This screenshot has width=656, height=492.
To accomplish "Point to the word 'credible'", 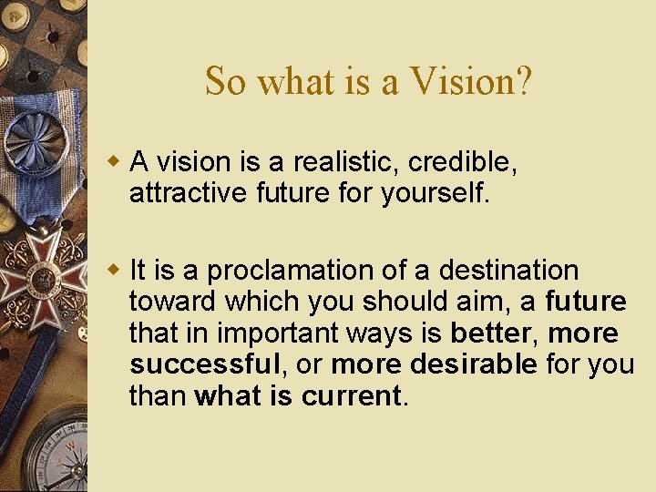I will [463, 162].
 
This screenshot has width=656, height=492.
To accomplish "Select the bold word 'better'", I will [489, 333].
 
